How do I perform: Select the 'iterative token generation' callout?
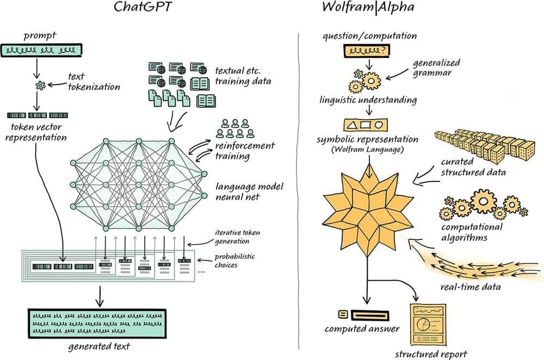tap(237, 236)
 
